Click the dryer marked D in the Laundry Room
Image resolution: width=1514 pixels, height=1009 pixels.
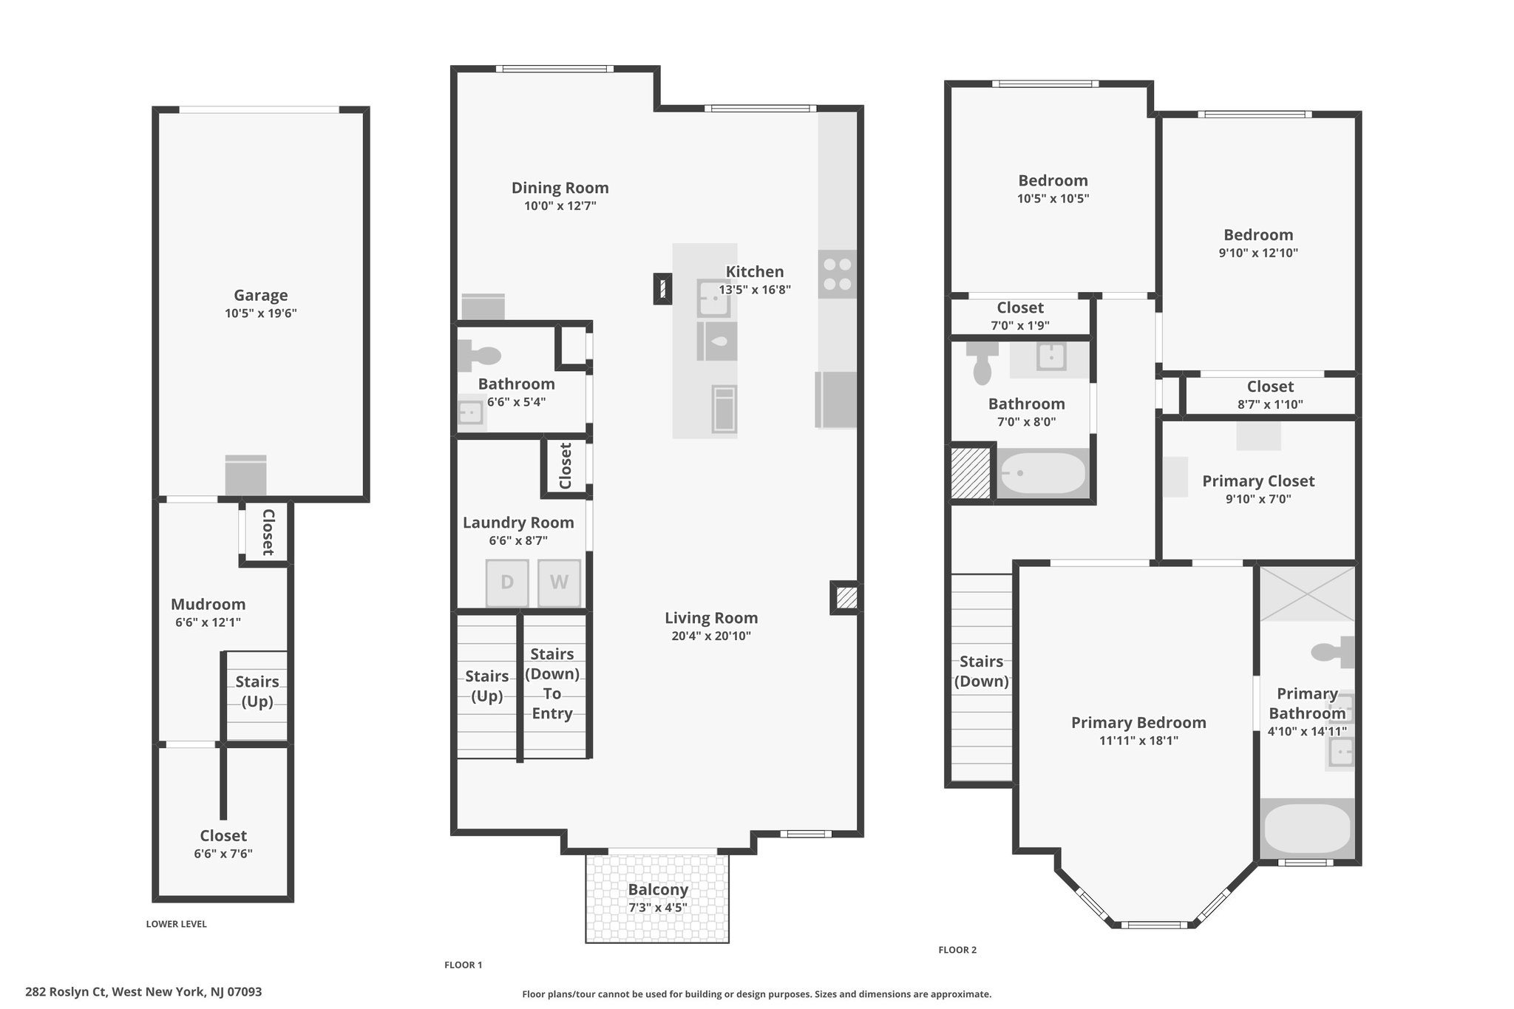point(507,582)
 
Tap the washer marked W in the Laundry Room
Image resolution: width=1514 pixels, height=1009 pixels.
point(559,582)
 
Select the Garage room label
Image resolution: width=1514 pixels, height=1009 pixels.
point(261,296)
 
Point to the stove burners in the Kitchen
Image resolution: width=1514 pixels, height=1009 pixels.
point(838,274)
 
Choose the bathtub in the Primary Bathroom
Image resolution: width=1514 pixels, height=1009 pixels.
point(1307,829)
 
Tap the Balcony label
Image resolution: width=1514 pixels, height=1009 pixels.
point(658,889)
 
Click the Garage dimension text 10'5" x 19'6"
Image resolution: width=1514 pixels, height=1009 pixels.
point(261,313)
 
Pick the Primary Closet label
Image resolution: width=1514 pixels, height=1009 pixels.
point(1258,481)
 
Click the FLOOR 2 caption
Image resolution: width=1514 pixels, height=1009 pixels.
point(957,950)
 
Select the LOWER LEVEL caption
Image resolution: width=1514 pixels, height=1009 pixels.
point(177,924)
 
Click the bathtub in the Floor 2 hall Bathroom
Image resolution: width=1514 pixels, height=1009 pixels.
point(1042,473)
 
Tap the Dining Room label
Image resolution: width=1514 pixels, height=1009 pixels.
point(560,188)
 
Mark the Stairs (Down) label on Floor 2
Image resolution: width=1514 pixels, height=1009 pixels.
point(982,671)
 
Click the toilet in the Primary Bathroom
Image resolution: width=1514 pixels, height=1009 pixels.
point(1333,651)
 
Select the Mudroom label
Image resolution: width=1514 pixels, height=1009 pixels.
point(208,604)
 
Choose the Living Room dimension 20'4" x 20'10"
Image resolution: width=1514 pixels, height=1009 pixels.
point(711,636)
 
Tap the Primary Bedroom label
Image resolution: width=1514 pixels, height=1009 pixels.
point(1138,722)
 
